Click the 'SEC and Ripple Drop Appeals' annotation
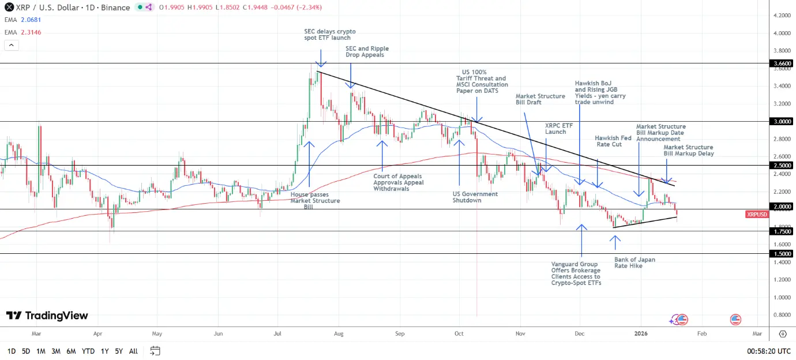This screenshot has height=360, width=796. point(367,52)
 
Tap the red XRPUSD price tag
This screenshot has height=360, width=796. point(757,214)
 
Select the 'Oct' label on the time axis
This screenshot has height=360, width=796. point(459,333)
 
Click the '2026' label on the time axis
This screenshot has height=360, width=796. point(641,333)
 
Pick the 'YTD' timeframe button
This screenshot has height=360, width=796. point(88,351)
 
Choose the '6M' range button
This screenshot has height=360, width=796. point(71,351)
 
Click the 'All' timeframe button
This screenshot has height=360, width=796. point(133,351)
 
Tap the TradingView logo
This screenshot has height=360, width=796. point(47,316)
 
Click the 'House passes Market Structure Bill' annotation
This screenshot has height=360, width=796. point(315,201)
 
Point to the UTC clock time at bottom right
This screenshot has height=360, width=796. point(769,351)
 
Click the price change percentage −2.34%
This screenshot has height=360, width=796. point(309,7)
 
